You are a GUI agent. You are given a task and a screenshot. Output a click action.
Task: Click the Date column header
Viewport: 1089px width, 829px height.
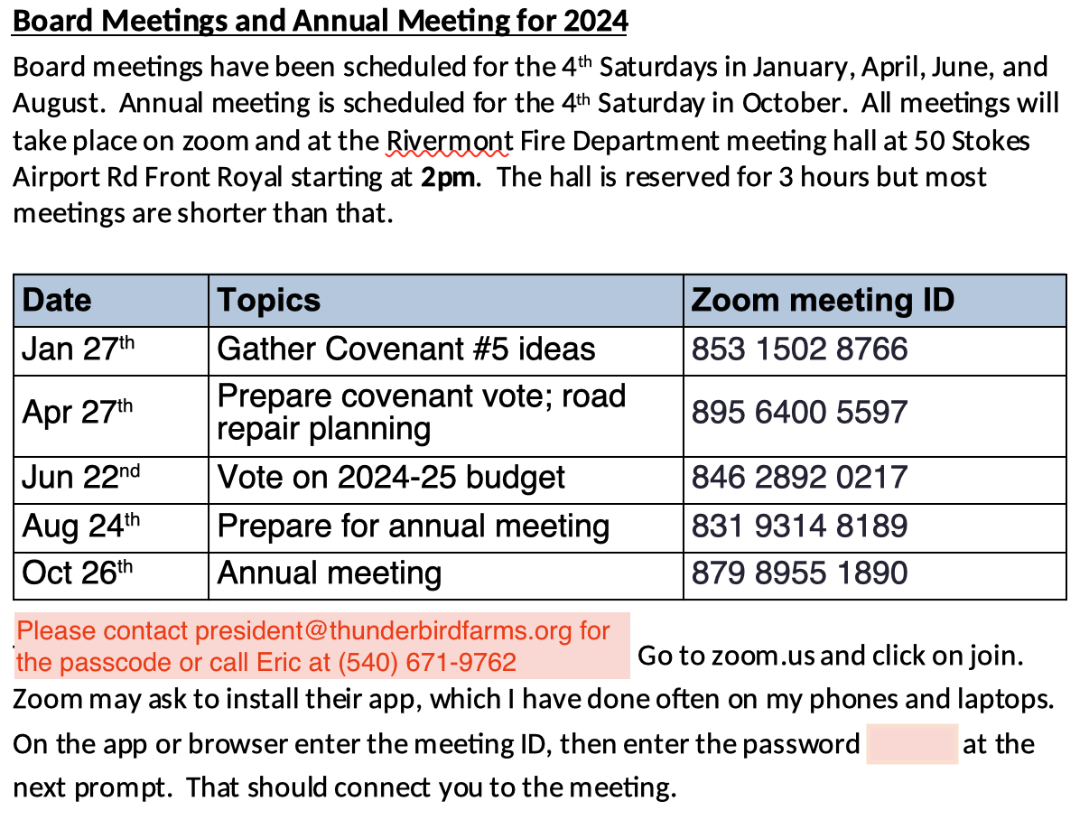point(57,300)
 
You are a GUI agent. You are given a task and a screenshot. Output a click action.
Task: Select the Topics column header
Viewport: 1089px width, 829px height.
point(269,300)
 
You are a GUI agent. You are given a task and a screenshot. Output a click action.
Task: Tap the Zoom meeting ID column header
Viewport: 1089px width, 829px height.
point(822,300)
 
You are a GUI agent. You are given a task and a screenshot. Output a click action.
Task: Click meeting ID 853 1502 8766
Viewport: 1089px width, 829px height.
point(799,349)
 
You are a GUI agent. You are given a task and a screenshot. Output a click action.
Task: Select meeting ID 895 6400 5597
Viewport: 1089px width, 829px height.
point(799,413)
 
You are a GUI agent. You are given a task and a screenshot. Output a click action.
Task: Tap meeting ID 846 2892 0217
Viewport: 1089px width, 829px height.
point(799,478)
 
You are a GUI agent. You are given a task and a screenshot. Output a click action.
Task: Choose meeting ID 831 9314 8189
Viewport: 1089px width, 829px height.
point(799,526)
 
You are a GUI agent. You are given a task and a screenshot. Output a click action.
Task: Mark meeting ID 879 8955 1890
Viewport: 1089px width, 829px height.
point(799,573)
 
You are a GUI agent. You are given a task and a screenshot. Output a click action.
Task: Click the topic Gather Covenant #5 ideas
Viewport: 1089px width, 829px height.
point(406,349)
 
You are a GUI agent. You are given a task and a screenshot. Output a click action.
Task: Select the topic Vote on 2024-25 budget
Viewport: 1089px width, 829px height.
point(391,478)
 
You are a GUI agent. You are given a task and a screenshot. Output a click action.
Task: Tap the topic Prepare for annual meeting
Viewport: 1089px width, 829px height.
point(414,526)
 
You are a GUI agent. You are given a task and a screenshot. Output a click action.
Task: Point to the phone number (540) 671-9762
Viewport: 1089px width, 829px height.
point(427,663)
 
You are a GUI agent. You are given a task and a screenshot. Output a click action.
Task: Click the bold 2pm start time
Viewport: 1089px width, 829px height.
point(447,176)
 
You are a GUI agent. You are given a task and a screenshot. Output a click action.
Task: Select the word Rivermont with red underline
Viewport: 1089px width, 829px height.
point(450,141)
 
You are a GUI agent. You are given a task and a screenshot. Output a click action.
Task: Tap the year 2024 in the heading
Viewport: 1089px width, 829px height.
point(595,20)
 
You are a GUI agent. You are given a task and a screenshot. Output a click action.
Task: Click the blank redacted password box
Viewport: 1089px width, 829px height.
point(911,744)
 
